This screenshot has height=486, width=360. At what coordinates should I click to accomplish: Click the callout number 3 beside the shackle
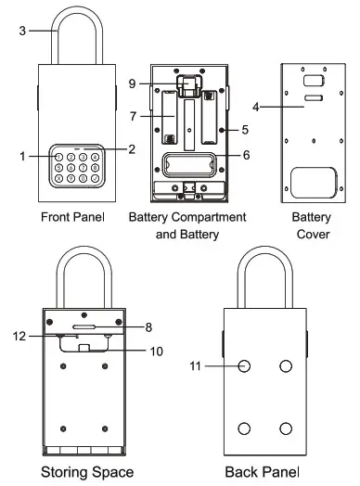pos(22,31)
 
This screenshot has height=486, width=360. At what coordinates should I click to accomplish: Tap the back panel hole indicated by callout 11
pos(245,366)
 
